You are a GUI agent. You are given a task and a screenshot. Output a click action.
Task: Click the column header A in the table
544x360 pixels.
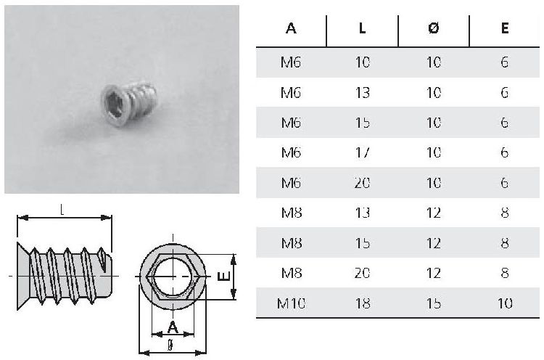tap(291, 28)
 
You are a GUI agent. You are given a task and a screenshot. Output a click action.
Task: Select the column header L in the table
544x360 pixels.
tap(362, 28)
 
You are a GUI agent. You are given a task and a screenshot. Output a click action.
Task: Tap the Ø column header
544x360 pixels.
tap(434, 28)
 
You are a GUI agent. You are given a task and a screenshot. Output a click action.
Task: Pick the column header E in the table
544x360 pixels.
tap(505, 28)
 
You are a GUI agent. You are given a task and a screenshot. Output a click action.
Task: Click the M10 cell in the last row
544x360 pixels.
tap(291, 303)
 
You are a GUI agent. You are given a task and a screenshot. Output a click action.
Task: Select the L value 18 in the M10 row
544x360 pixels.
tap(363, 303)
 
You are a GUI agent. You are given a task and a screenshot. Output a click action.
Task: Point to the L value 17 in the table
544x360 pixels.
tap(363, 152)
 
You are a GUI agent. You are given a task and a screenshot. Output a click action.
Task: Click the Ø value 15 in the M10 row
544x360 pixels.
tap(434, 303)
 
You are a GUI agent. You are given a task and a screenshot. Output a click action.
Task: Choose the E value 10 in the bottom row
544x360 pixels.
tap(505, 303)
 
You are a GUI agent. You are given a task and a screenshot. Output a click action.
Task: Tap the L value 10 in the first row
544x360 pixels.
tap(363, 62)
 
